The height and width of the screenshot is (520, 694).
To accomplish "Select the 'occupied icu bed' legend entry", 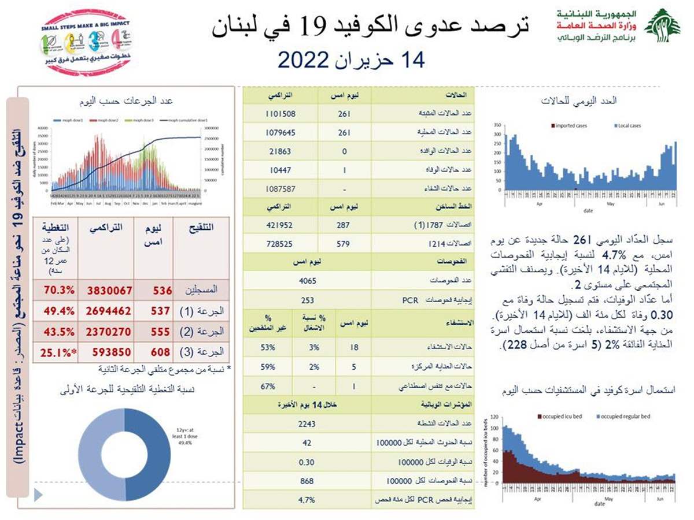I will point(560,416).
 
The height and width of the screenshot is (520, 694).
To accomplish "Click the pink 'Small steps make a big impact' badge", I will point(86,42).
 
